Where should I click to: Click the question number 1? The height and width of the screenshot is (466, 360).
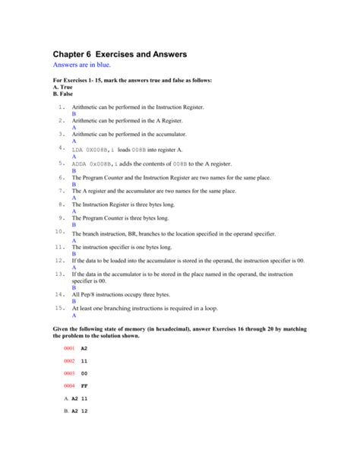pyautogui.click(x=61, y=108)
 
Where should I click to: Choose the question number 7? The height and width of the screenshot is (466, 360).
pyautogui.click(x=61, y=189)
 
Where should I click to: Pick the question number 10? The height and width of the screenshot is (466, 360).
pyautogui.click(x=59, y=230)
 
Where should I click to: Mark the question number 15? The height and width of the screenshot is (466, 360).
pyautogui.click(x=59, y=309)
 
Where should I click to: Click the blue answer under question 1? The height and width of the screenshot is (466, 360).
pyautogui.click(x=74, y=115)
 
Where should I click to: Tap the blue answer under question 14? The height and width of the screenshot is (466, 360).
pyautogui.click(x=74, y=301)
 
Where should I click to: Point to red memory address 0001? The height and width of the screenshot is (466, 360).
pyautogui.click(x=69, y=347)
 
